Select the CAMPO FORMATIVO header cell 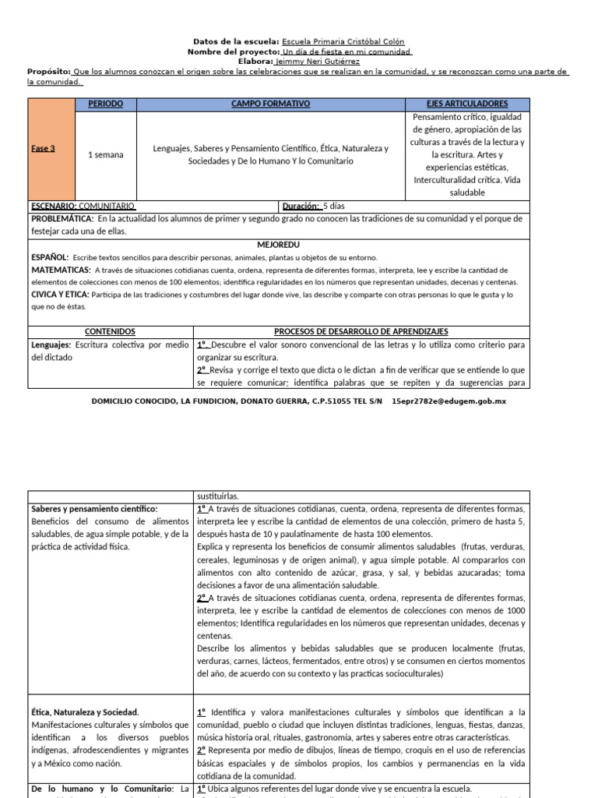[x=270, y=104]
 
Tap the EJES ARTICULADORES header [x=467, y=104]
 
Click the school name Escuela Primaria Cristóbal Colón [x=343, y=41]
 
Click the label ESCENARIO [x=53, y=207]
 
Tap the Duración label [x=301, y=207]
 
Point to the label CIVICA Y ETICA [x=60, y=295]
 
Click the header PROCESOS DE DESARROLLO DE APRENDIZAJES [x=361, y=331]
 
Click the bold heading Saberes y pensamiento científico [x=94, y=508]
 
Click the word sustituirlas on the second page [x=217, y=496]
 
